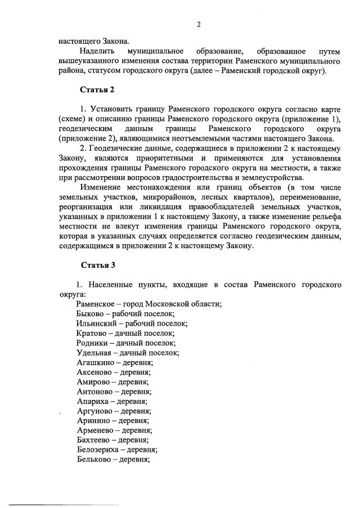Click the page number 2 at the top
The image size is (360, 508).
point(198,24)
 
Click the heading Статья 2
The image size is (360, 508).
point(97,89)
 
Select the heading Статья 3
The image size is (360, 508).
point(97,264)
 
